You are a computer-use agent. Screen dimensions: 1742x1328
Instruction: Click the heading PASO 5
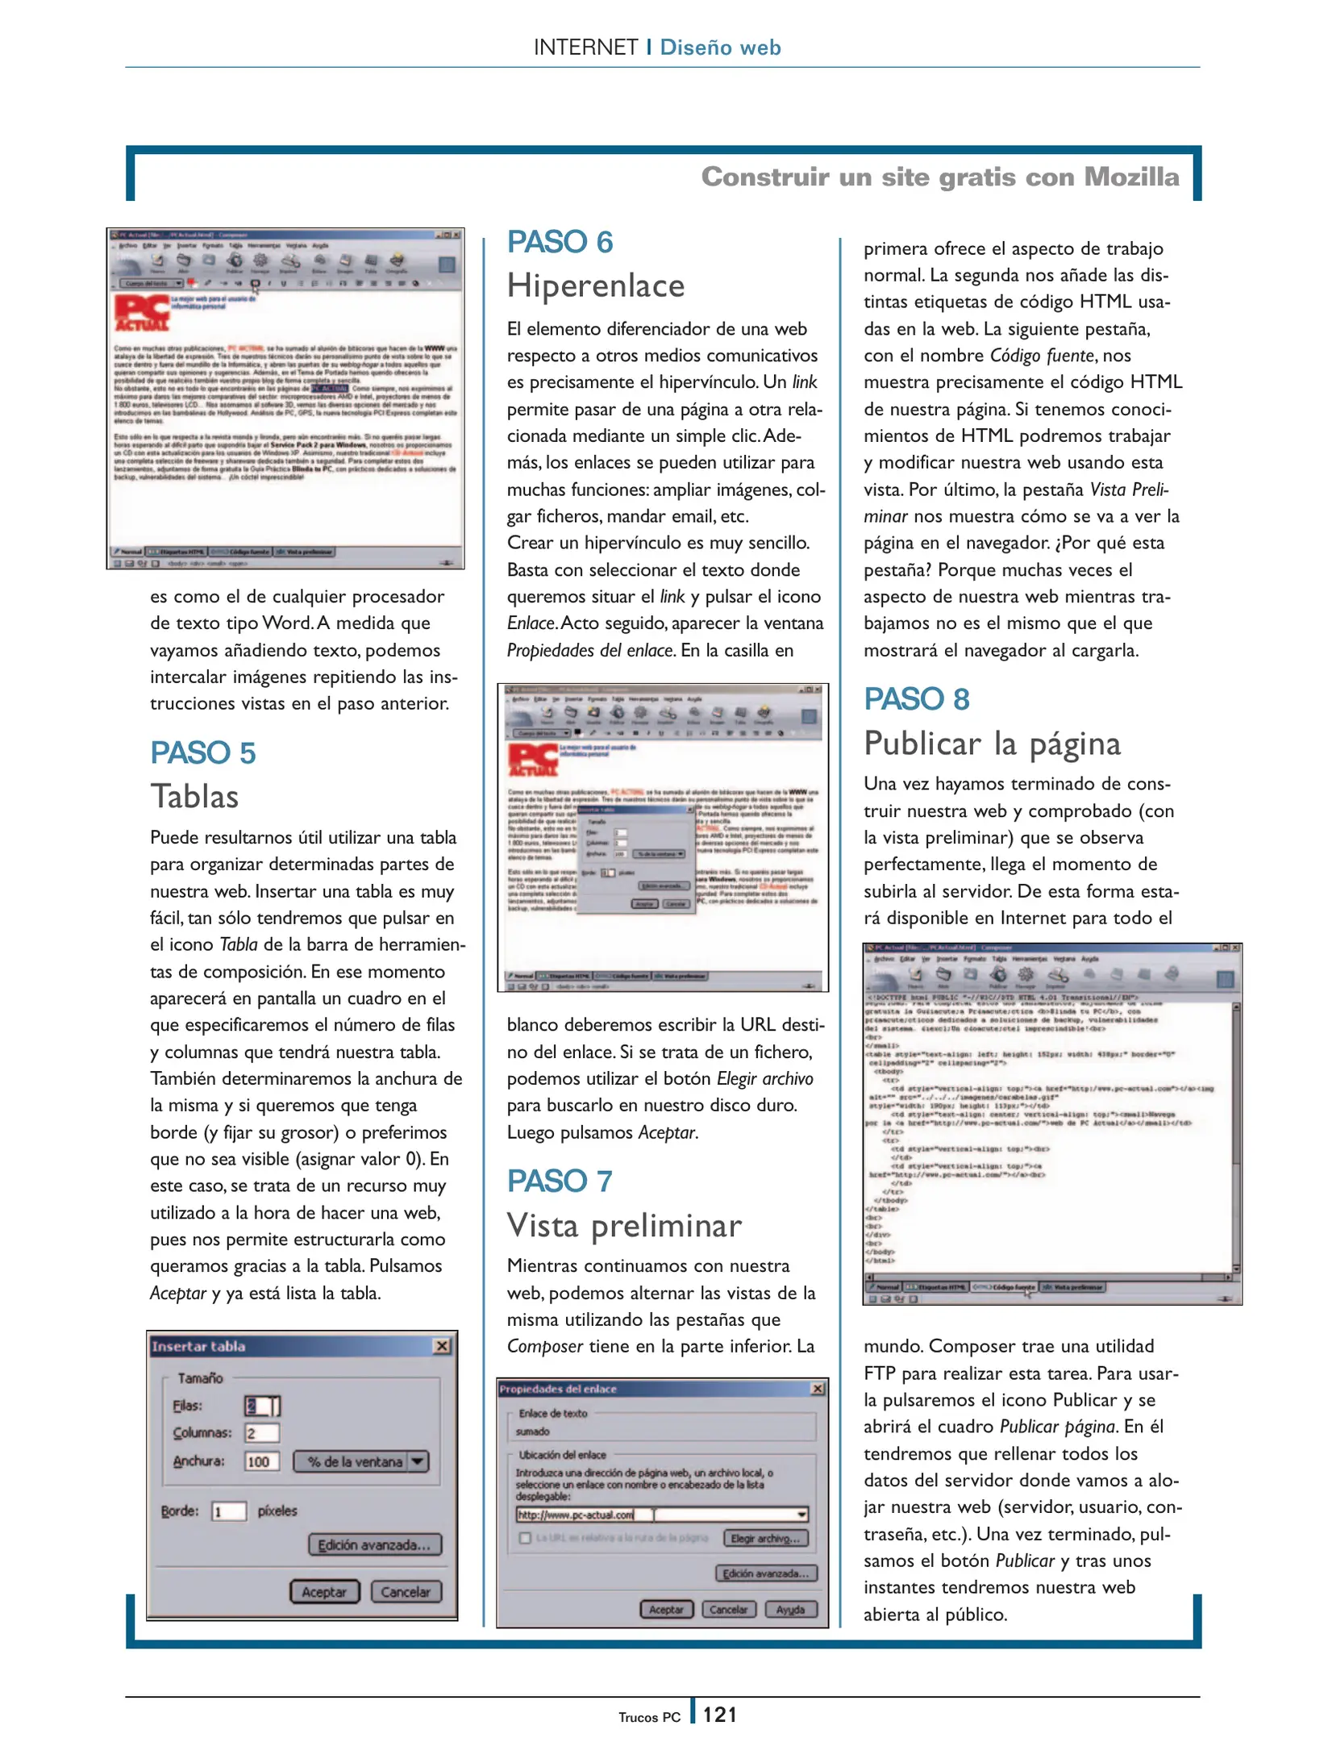(x=202, y=753)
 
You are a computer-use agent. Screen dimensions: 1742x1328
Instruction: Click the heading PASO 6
(x=560, y=242)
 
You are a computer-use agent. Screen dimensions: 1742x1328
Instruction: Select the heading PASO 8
(x=916, y=699)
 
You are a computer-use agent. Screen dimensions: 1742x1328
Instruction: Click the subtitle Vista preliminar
(x=623, y=1226)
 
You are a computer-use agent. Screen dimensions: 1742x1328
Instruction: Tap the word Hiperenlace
(x=596, y=286)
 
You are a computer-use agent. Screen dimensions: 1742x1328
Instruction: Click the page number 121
(x=719, y=1715)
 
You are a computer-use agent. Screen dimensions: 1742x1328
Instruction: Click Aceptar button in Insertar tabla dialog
(x=323, y=1592)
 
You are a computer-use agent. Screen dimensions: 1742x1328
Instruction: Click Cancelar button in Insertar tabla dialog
(x=406, y=1592)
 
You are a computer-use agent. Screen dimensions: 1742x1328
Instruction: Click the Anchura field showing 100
(x=261, y=1461)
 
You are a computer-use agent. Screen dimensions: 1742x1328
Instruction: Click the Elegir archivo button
(x=764, y=1539)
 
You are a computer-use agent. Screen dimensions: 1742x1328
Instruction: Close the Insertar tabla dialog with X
(x=442, y=1346)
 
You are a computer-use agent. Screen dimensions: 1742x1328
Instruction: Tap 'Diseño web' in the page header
(x=720, y=48)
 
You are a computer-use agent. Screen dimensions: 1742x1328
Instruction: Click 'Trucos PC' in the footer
(x=649, y=1718)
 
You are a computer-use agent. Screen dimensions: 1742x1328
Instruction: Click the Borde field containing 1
(x=228, y=1511)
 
